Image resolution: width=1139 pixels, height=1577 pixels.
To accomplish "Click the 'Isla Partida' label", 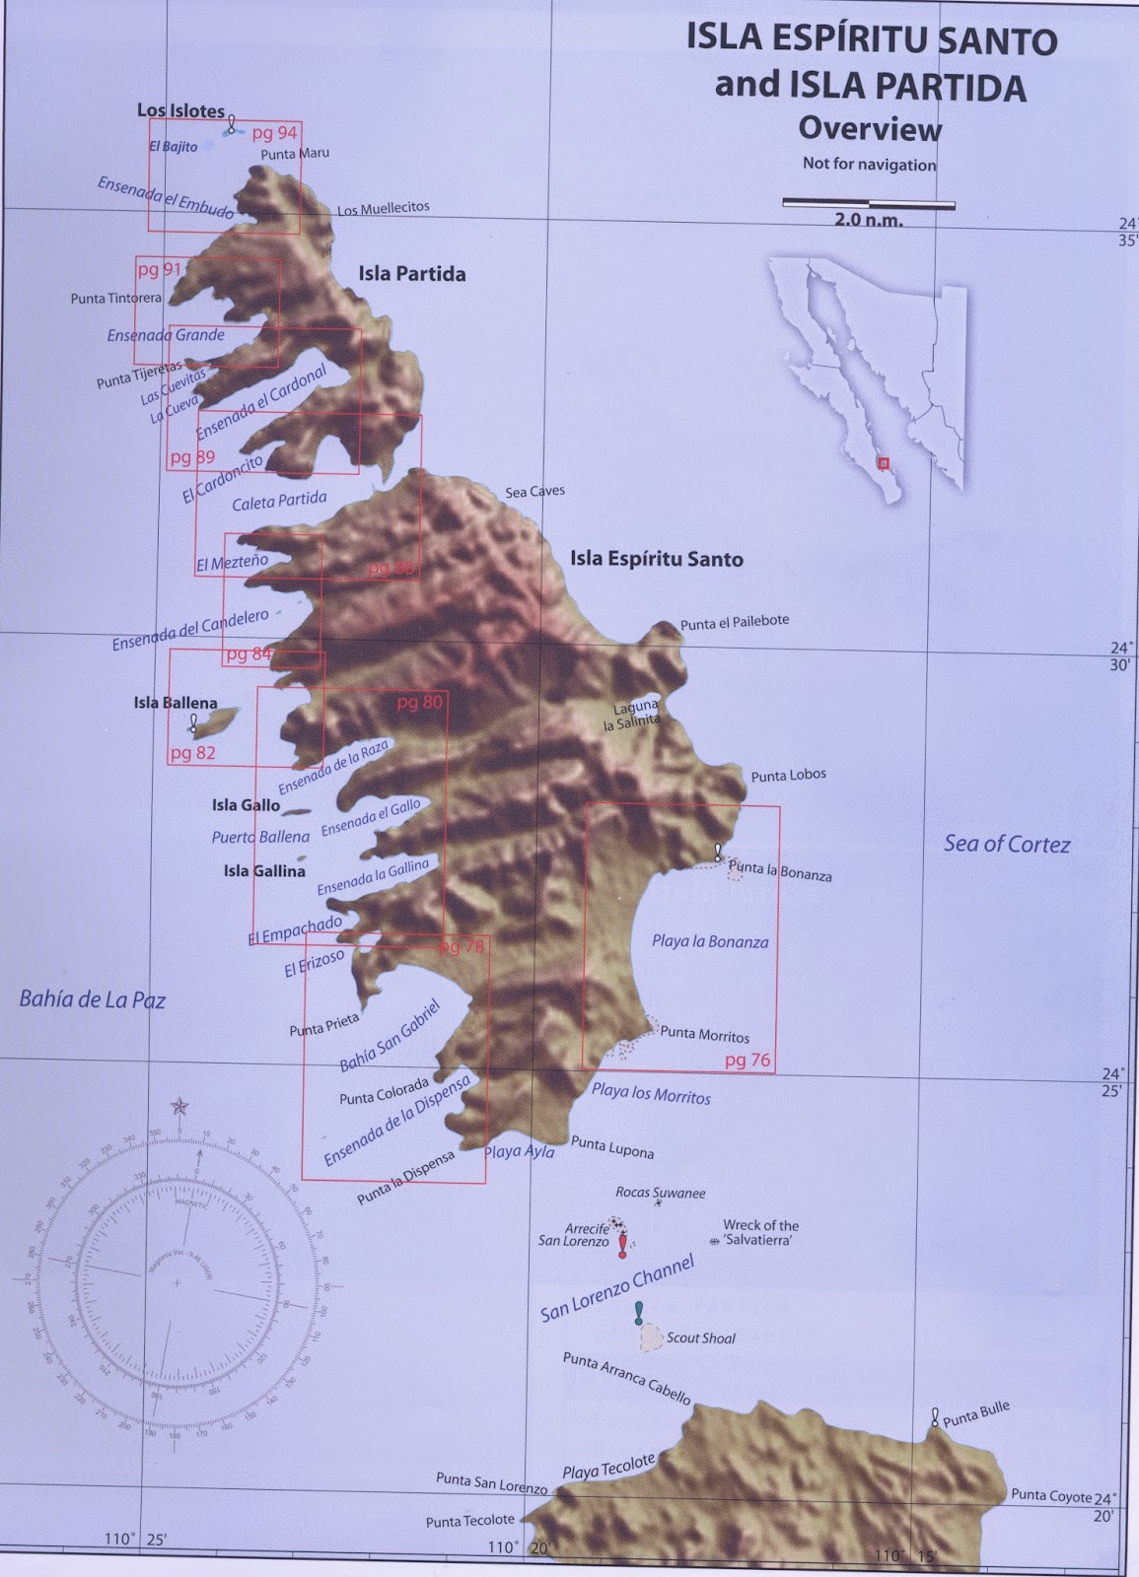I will [x=411, y=274].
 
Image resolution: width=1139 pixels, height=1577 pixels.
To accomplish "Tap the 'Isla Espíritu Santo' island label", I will [x=656, y=559].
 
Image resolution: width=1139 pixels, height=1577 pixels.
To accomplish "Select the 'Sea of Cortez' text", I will [x=1006, y=844].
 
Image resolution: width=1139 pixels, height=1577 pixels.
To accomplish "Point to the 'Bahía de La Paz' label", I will [x=92, y=999].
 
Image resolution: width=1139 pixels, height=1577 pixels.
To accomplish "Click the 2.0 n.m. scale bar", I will [x=868, y=203].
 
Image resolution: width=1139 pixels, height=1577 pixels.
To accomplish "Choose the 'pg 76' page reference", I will [x=747, y=1061].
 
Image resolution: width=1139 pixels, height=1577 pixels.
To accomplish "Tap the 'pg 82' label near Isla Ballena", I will [x=192, y=753].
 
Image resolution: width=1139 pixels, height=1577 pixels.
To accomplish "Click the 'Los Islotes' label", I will [x=180, y=110].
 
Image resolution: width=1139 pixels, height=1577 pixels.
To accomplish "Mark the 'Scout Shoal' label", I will [x=700, y=1337].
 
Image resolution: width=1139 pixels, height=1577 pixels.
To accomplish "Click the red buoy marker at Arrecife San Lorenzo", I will [x=622, y=1248].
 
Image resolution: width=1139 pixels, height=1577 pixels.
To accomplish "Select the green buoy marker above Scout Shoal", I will [x=639, y=1313].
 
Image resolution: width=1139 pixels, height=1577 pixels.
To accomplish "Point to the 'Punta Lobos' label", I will [x=788, y=776].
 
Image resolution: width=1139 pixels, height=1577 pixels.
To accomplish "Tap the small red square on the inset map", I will [x=884, y=461].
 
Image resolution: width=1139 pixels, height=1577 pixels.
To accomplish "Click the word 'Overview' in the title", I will [x=870, y=129].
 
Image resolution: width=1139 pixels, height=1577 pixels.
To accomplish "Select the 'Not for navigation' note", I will [x=869, y=164].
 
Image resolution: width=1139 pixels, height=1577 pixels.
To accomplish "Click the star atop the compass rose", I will [x=178, y=1106].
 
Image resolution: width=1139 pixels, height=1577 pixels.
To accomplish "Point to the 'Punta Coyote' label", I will [x=1050, y=1495].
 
